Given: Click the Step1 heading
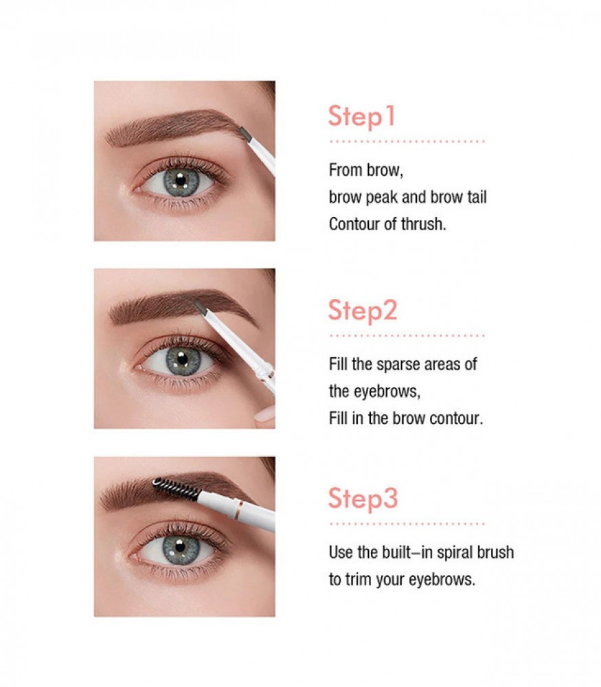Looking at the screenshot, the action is click(x=362, y=117).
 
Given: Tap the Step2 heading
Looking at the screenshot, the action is click(x=363, y=311).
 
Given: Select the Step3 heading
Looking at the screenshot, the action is click(x=363, y=499).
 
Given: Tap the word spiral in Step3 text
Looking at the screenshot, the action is click(x=453, y=552).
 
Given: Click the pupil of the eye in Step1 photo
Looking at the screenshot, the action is click(x=181, y=179).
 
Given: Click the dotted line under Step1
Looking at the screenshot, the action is click(x=407, y=142).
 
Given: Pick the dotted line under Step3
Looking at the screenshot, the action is click(x=407, y=523).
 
